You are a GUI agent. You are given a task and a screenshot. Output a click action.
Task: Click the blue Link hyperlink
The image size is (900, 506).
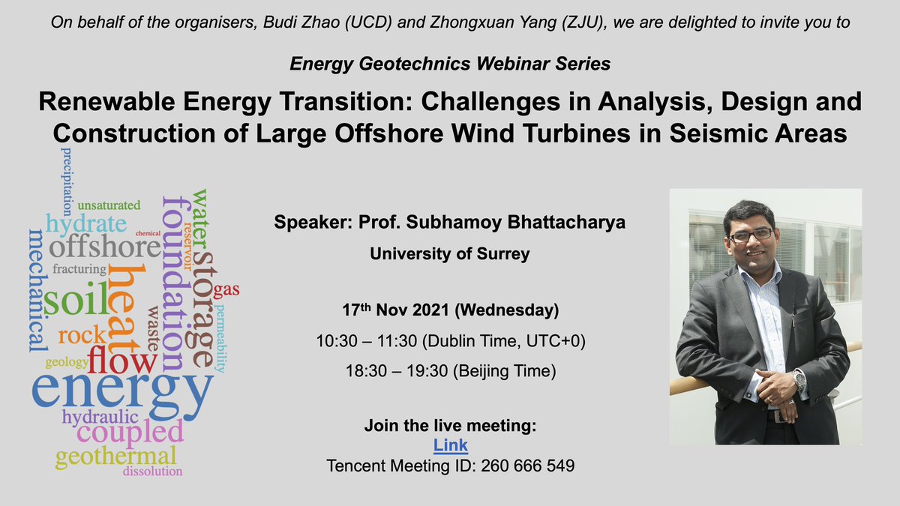pyautogui.click(x=450, y=445)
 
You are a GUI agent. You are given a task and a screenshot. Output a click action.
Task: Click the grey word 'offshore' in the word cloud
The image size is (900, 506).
pyautogui.click(x=105, y=247)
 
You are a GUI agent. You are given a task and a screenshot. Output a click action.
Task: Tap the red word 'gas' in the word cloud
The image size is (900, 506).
pyautogui.click(x=226, y=290)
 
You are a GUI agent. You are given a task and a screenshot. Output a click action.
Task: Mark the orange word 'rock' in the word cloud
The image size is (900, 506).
pyautogui.click(x=81, y=336)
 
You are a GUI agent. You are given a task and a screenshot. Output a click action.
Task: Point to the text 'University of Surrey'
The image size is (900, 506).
pyautogui.click(x=450, y=254)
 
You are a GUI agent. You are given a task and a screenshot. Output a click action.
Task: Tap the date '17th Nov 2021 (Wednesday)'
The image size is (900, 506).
pyautogui.click(x=450, y=310)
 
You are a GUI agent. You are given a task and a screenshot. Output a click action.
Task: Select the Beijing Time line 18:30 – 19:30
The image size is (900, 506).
pyautogui.click(x=450, y=371)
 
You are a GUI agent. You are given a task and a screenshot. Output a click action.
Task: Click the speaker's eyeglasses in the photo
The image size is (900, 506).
pyautogui.click(x=751, y=235)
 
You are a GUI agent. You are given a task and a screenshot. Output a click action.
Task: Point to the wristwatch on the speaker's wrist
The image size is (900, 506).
pyautogui.click(x=799, y=379)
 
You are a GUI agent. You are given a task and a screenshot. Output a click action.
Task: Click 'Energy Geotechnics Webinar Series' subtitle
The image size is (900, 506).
pyautogui.click(x=450, y=64)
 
